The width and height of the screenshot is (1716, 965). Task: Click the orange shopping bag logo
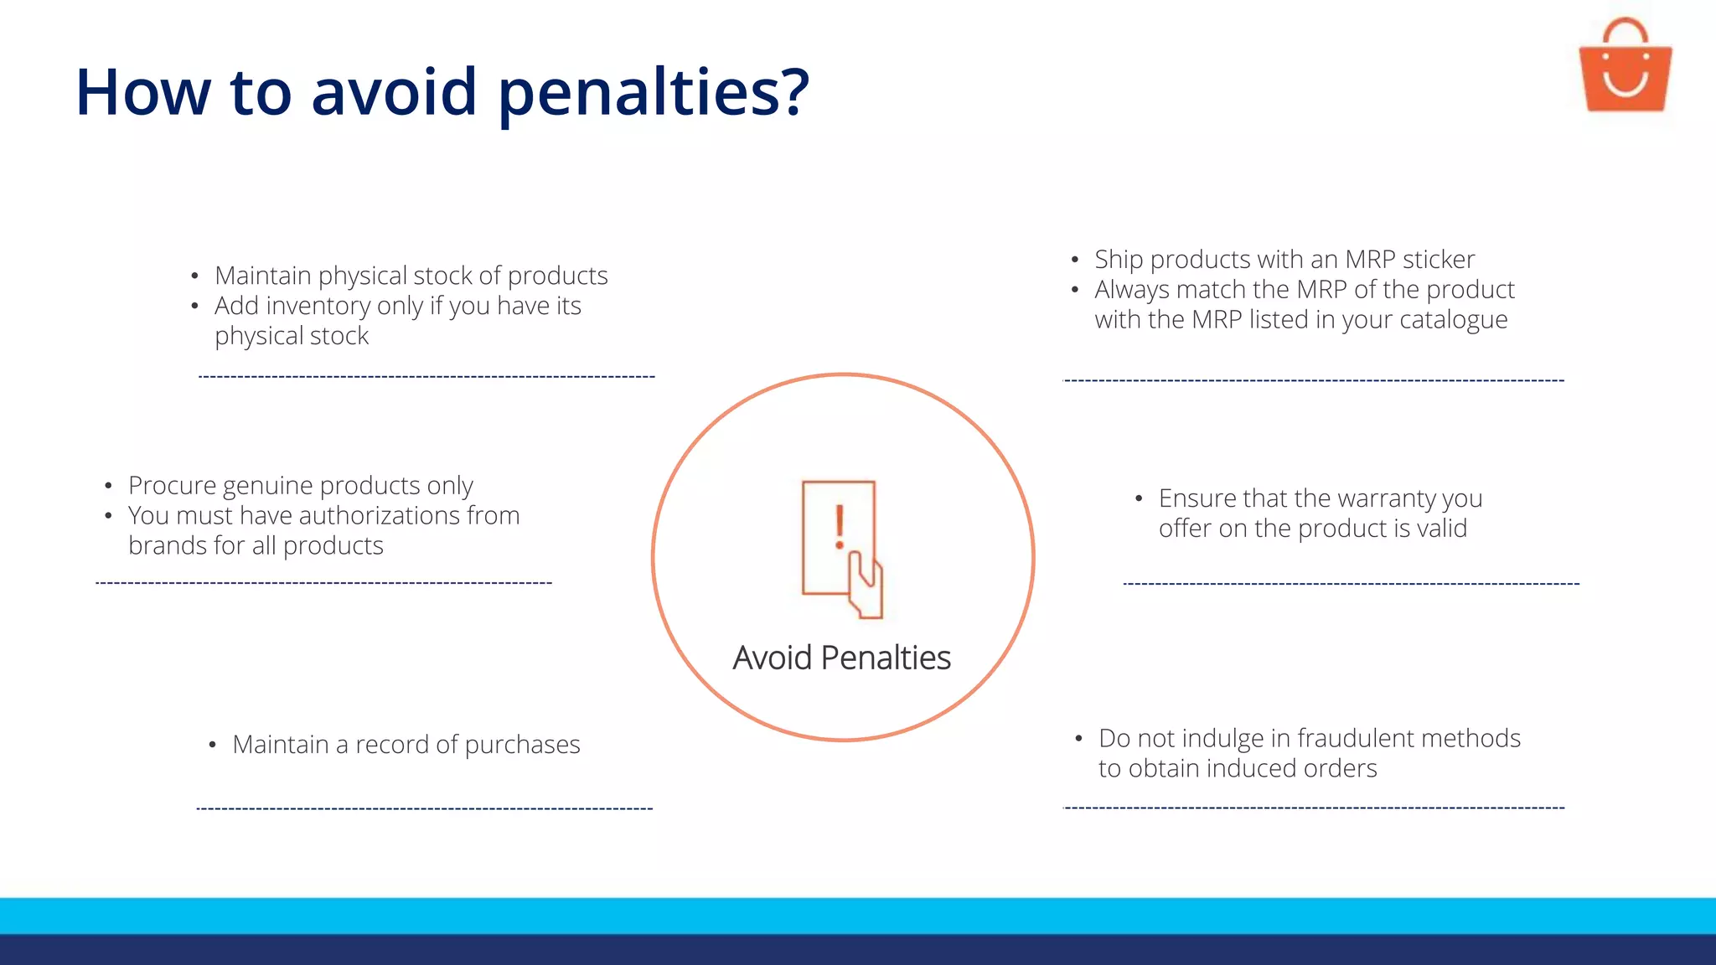1625,67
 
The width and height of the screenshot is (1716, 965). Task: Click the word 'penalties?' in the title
654,92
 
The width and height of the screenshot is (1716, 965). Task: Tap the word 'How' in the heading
142,92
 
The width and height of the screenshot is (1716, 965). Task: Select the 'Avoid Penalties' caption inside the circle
841,658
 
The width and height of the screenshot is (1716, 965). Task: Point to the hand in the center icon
866,586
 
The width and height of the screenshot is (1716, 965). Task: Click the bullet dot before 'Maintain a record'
213,745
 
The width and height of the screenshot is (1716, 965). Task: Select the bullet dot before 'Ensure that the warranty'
1139,499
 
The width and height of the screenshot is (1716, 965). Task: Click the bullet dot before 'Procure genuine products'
108,486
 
